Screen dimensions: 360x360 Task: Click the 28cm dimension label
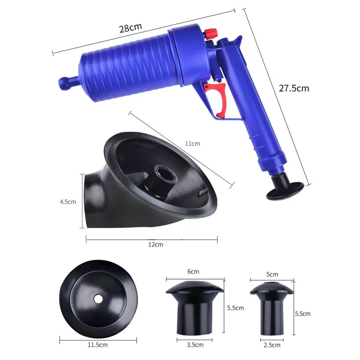tap(131, 28)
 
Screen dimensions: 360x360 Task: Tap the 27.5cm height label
tap(294, 88)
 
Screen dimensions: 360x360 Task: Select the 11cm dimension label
tap(192, 144)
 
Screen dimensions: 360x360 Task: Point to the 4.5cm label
tap(68, 202)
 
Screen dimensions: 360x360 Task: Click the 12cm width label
tap(156, 245)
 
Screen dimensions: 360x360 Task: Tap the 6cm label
tap(193, 272)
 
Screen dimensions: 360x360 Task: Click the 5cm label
tap(272, 274)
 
